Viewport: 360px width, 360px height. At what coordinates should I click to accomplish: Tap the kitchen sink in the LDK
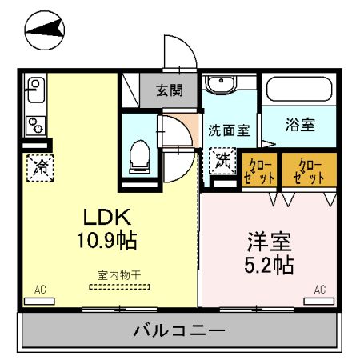[35, 86]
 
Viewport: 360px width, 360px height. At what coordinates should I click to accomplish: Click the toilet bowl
[139, 154]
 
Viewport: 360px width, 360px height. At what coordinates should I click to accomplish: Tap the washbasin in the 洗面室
[220, 86]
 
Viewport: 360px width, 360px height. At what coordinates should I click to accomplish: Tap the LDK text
[103, 218]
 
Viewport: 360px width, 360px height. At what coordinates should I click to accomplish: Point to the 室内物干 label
[119, 275]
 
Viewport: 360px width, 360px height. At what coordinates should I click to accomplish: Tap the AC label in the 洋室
[319, 289]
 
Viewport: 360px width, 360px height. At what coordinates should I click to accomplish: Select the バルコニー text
[180, 330]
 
